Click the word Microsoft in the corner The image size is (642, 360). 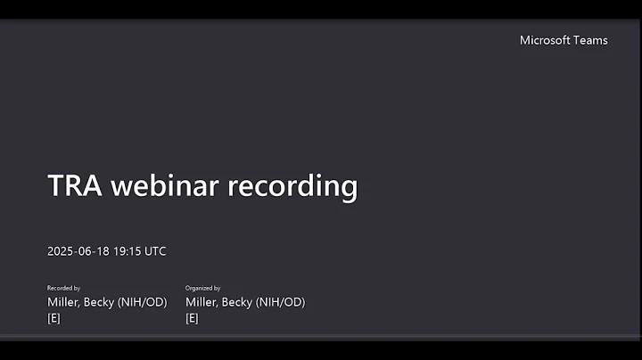[547, 40]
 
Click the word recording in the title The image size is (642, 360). [292, 187]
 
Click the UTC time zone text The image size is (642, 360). [155, 251]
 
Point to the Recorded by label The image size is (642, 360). [63, 289]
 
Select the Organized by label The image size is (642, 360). [202, 289]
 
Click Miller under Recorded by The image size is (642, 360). [64, 302]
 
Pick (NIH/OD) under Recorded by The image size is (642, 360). [144, 302]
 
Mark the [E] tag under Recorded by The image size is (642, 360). [53, 318]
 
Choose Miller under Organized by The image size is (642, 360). [202, 302]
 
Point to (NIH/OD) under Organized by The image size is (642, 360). [283, 302]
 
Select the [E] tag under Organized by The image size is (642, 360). [192, 318]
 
